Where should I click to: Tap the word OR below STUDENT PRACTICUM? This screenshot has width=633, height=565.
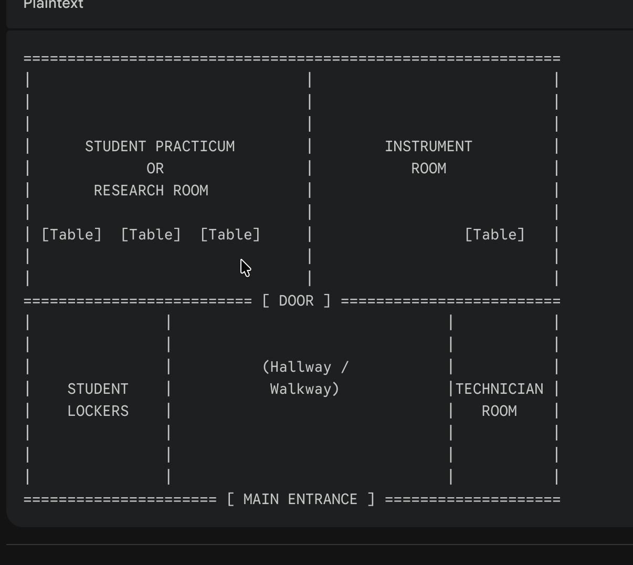(155, 169)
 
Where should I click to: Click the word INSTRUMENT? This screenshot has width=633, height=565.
(428, 147)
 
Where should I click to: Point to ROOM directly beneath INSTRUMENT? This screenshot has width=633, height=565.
(428, 169)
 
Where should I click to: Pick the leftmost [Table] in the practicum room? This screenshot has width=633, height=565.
(71, 234)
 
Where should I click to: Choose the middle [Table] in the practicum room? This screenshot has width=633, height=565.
(151, 234)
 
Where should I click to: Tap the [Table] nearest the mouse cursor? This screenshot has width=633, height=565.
(230, 234)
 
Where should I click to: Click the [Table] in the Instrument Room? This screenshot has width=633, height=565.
(494, 234)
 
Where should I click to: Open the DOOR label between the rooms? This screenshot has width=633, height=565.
(296, 301)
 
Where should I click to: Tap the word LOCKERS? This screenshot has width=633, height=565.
(98, 411)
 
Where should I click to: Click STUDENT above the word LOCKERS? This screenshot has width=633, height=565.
(98, 389)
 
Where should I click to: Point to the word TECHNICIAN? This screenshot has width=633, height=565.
(499, 389)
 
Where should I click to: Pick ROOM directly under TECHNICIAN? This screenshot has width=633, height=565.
(499, 411)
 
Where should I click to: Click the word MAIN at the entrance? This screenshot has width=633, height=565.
(261, 499)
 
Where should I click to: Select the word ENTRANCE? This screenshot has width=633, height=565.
(322, 499)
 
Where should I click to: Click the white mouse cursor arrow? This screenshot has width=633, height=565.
(245, 267)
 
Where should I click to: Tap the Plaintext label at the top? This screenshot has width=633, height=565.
(54, 5)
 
